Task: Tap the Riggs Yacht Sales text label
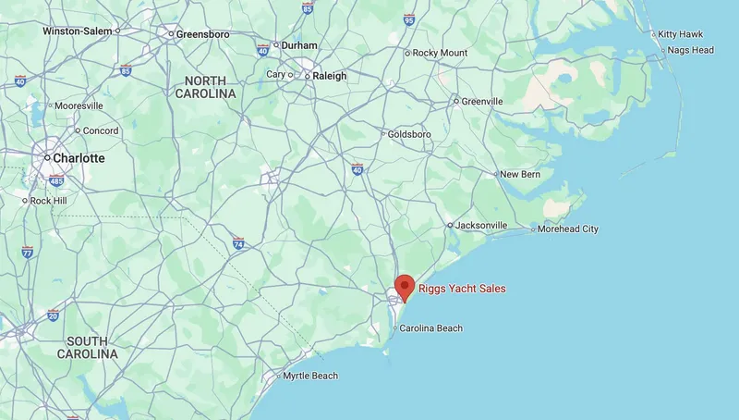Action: pyautogui.click(x=462, y=289)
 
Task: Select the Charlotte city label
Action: pyautogui.click(x=79, y=158)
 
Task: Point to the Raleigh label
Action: pyautogui.click(x=329, y=76)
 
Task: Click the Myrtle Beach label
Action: pyautogui.click(x=310, y=376)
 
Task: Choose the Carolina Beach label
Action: pyautogui.click(x=430, y=328)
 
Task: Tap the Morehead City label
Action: pyautogui.click(x=568, y=229)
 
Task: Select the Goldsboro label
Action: pyautogui.click(x=410, y=134)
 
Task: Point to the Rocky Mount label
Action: pyautogui.click(x=440, y=53)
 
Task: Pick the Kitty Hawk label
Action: pyautogui.click(x=681, y=34)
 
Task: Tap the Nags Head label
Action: pyautogui.click(x=690, y=50)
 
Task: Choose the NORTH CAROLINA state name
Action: pyautogui.click(x=205, y=87)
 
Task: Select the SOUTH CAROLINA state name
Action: pyautogui.click(x=88, y=347)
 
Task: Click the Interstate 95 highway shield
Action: pyautogui.click(x=409, y=19)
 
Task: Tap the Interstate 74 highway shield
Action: pyautogui.click(x=238, y=244)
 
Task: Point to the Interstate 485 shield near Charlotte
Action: pyautogui.click(x=56, y=180)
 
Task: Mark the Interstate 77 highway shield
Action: pyautogui.click(x=28, y=252)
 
